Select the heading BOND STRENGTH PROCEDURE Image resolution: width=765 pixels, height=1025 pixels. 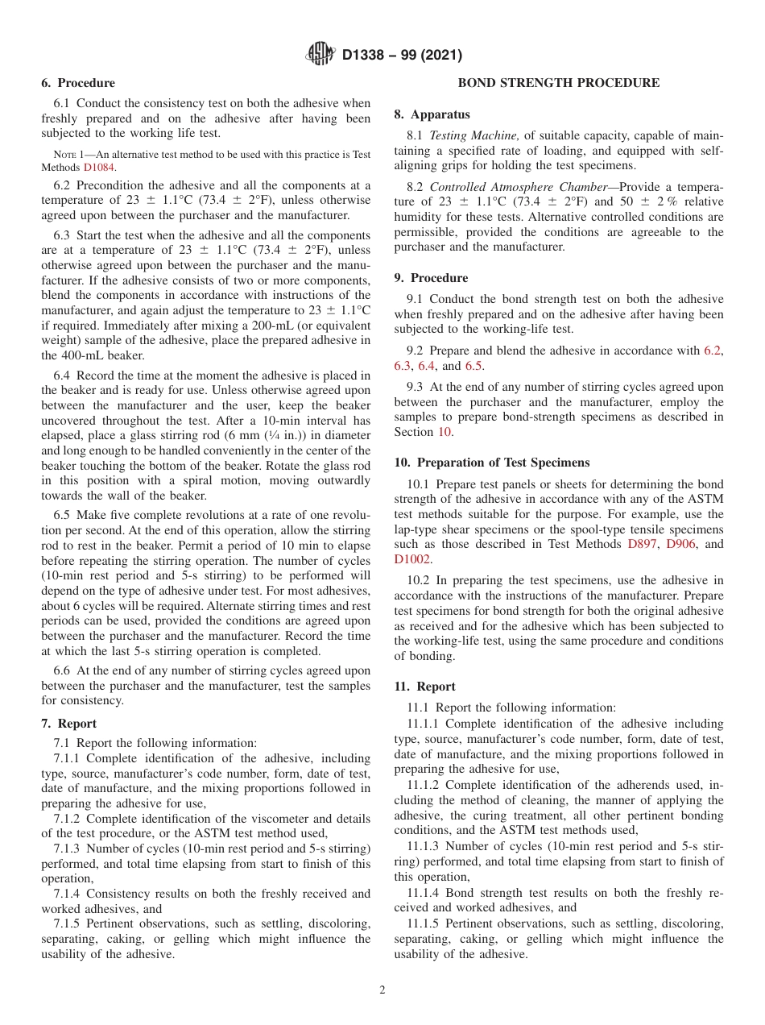click(x=558, y=83)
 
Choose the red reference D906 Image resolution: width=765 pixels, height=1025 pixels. click(x=682, y=544)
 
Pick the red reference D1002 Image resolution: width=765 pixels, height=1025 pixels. click(x=412, y=559)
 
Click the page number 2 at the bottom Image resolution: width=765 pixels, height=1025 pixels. click(x=382, y=990)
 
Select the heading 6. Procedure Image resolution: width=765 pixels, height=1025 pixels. click(x=78, y=83)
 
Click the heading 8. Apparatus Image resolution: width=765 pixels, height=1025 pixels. click(x=432, y=114)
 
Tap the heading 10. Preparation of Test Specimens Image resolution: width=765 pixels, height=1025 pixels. click(x=491, y=463)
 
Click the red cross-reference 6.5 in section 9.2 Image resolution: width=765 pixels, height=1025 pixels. click(x=473, y=366)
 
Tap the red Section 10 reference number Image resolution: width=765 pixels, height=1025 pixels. click(x=445, y=432)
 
